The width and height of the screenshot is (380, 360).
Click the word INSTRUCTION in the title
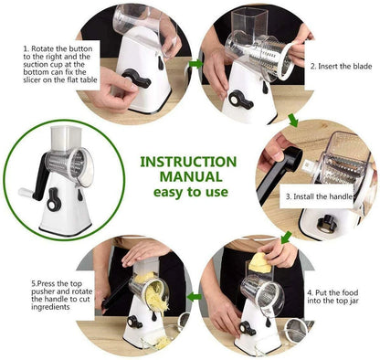[x=189, y=162]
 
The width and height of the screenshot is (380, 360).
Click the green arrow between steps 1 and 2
[x=195, y=63]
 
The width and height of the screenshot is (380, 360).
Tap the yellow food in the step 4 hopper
[x=259, y=263]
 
